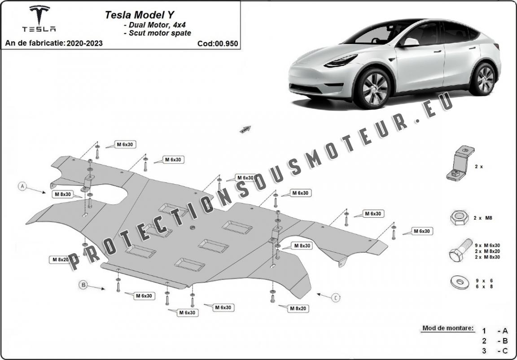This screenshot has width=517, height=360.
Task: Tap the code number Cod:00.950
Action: point(217,44)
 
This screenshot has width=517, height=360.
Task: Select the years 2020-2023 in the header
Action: point(84,44)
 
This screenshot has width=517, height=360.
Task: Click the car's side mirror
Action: point(409,42)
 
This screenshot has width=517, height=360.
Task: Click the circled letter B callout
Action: point(83,284)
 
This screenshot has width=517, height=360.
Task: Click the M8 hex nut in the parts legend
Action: point(456,218)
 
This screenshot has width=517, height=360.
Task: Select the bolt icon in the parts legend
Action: point(460,250)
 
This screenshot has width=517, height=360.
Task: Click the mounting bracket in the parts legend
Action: point(459,164)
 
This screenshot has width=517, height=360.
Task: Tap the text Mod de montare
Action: point(447,328)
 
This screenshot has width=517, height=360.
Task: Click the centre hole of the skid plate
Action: point(192,228)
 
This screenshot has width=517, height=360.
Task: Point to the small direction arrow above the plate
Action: point(245,129)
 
